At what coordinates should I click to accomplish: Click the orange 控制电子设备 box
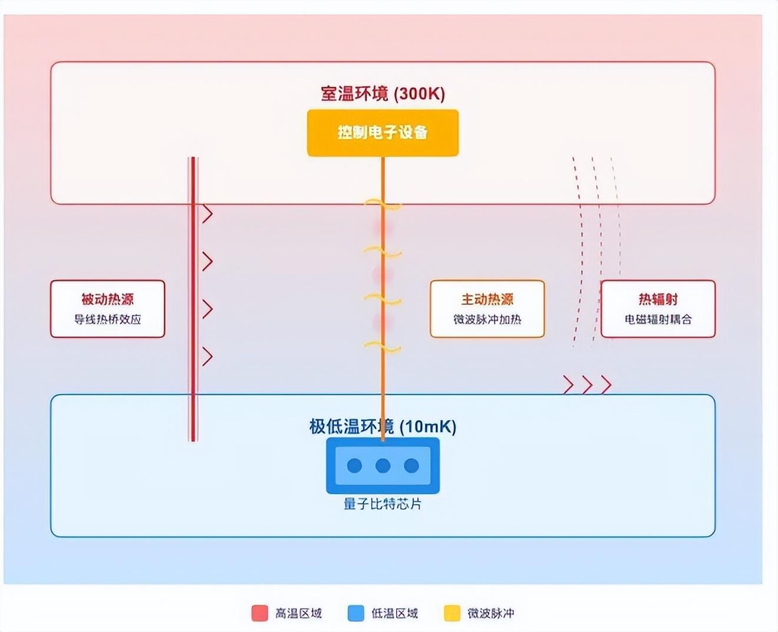pyautogui.click(x=383, y=133)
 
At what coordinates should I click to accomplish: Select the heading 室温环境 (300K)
pyautogui.click(x=383, y=94)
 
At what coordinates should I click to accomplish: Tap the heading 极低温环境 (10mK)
pyautogui.click(x=383, y=426)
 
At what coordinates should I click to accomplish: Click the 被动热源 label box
pyautogui.click(x=107, y=308)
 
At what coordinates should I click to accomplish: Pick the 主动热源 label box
pyautogui.click(x=487, y=308)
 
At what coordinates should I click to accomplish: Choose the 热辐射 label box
pyautogui.click(x=658, y=308)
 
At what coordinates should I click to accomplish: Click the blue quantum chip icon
pyautogui.click(x=383, y=465)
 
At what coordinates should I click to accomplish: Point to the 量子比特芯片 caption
pyautogui.click(x=383, y=504)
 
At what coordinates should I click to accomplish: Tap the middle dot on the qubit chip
pyautogui.click(x=383, y=466)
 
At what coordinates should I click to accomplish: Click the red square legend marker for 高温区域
pyautogui.click(x=260, y=613)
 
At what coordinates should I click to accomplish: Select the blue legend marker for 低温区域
pyautogui.click(x=356, y=613)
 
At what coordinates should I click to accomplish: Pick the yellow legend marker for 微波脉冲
pyautogui.click(x=452, y=613)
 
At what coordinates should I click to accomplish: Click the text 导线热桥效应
pyautogui.click(x=107, y=320)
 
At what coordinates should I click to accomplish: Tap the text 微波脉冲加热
pyautogui.click(x=487, y=320)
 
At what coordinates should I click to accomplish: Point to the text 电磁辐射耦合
pyautogui.click(x=658, y=320)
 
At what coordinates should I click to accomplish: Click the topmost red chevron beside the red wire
pyautogui.click(x=207, y=214)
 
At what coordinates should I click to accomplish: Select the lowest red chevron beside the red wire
pyautogui.click(x=207, y=356)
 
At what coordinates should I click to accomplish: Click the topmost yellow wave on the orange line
pyautogui.click(x=383, y=205)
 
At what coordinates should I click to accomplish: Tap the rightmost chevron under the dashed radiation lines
pyautogui.click(x=606, y=385)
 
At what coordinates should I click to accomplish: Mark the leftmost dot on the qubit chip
pyautogui.click(x=354, y=466)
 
